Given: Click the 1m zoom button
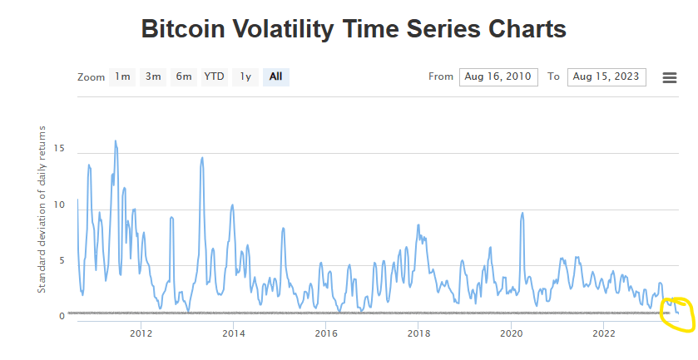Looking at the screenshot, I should (x=123, y=76).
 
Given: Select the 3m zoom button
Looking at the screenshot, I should (x=153, y=76).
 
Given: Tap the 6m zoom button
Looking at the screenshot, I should (x=184, y=76).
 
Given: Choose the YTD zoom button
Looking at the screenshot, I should (x=215, y=76).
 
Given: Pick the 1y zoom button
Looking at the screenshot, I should (x=245, y=76).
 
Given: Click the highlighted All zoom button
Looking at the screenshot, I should (x=275, y=76).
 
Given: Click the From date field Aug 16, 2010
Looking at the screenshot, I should (x=498, y=76).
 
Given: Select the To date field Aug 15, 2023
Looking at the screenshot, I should (x=606, y=76).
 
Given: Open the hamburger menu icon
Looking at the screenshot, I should (x=669, y=77).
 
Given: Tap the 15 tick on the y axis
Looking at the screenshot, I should (x=58, y=148).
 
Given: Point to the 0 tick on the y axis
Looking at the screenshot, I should (x=61, y=316).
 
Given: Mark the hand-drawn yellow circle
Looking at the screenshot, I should (x=676, y=313).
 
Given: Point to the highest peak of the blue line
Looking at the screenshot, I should (x=116, y=141).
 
